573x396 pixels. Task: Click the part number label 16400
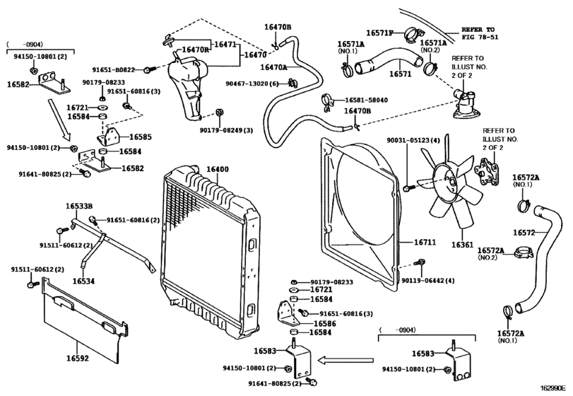point(218,170)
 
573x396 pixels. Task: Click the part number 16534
point(83,281)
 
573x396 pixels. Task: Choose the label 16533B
point(80,206)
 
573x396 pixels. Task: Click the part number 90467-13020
point(249,83)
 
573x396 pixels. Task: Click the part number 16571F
point(379,33)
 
